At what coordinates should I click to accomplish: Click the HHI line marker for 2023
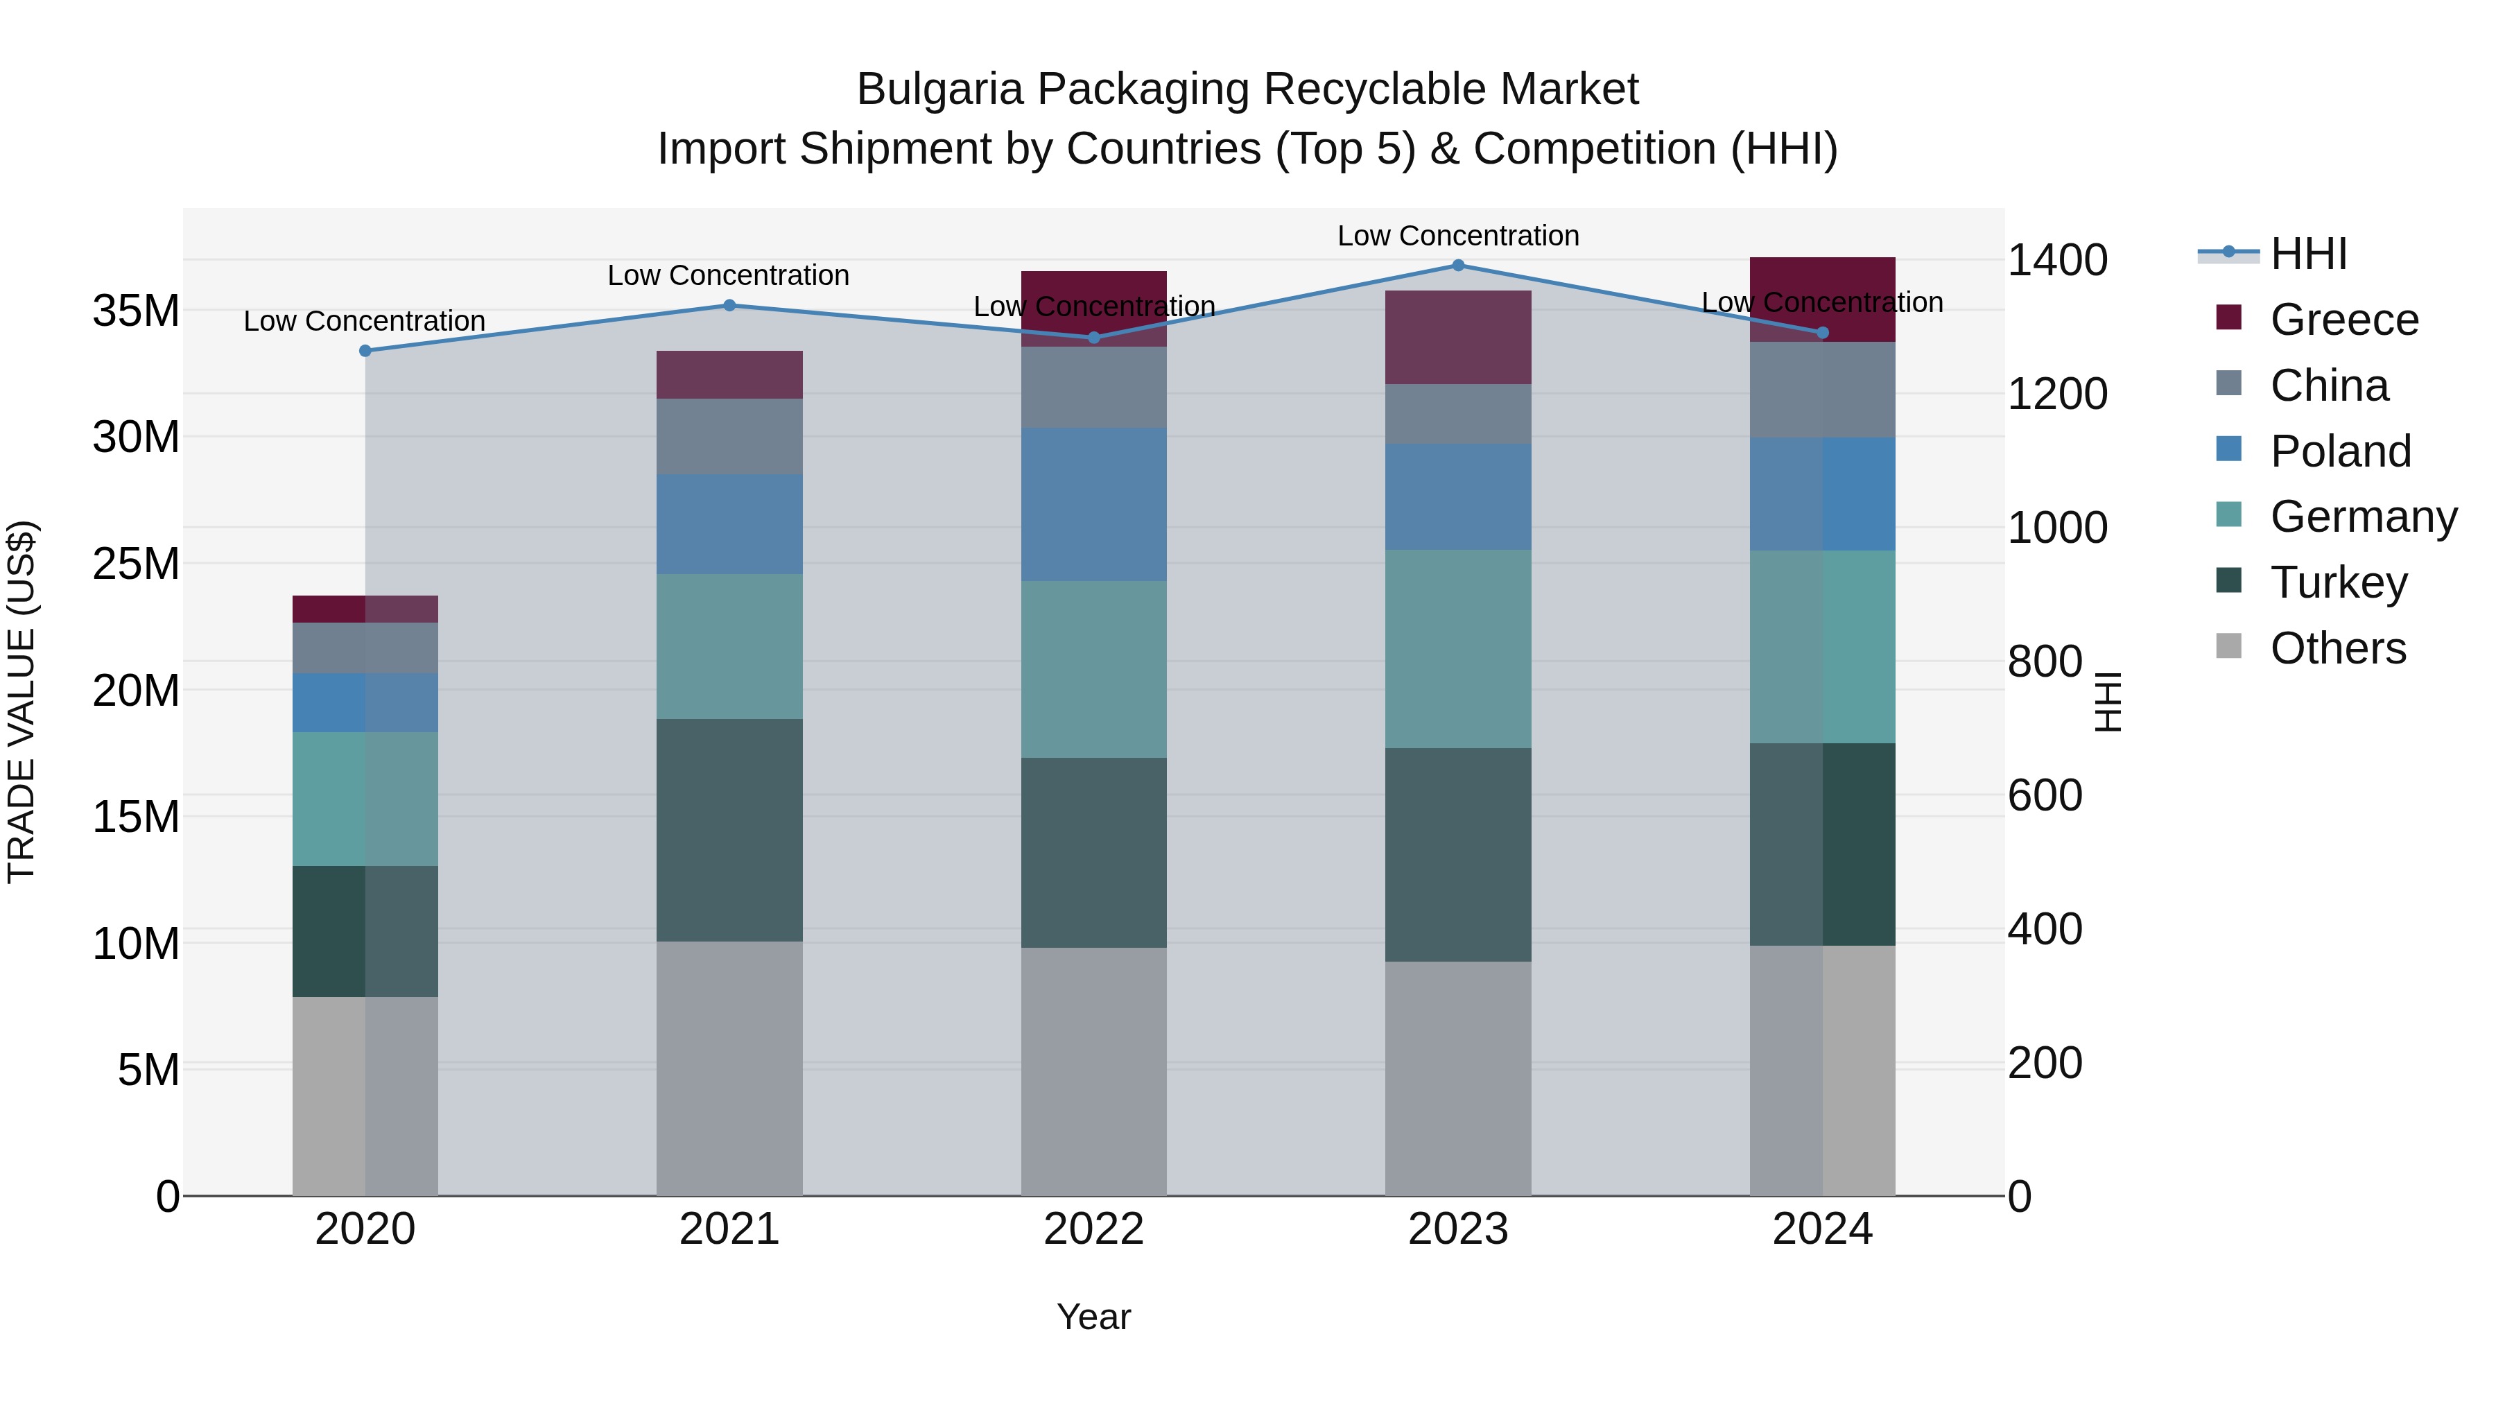(x=1457, y=266)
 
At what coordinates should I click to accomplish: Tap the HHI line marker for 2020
(x=365, y=351)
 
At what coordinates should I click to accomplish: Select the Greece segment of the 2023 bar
(x=1457, y=337)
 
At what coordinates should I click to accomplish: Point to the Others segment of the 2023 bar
(x=1457, y=1077)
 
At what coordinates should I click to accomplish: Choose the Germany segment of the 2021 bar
(x=729, y=646)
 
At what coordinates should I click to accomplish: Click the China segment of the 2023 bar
(x=1457, y=414)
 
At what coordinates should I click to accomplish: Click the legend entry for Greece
(x=2343, y=320)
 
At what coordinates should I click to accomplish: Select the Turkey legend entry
(x=2337, y=582)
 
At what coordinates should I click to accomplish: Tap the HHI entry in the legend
(x=2308, y=254)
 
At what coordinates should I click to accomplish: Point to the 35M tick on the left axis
(x=136, y=311)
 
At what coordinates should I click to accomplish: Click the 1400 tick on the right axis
(x=2056, y=260)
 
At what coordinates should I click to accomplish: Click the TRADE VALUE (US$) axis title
(x=21, y=702)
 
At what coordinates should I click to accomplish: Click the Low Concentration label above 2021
(x=728, y=275)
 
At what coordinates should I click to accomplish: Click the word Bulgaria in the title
(x=939, y=89)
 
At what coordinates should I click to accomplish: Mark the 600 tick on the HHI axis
(x=2045, y=795)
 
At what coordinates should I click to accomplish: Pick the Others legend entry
(x=2337, y=648)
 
